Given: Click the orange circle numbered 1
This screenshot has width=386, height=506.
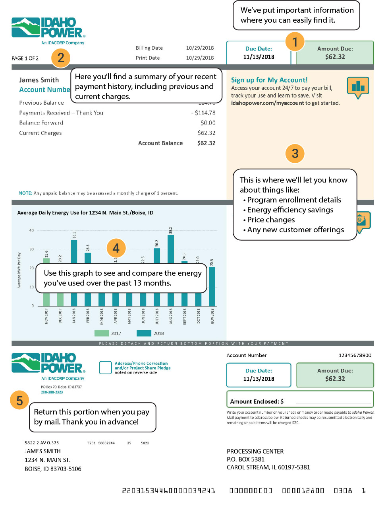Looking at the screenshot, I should coord(295,42).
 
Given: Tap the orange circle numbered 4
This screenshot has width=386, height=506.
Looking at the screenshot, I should coord(116,248).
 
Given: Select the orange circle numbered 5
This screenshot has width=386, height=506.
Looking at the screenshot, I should coord(19,400).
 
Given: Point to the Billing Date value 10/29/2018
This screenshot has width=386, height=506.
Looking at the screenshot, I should coord(200,48).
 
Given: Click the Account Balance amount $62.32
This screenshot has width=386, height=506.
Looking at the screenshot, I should coord(206,143).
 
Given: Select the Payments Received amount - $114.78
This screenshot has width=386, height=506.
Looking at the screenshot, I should coord(203,113).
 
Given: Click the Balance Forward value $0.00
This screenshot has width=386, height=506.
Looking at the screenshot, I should coord(208,123).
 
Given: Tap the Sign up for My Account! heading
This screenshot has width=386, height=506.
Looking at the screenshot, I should coord(269,80).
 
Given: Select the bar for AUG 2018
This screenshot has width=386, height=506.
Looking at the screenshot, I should coord(171,249).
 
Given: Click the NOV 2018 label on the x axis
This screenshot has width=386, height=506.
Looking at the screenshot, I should coord(212,316).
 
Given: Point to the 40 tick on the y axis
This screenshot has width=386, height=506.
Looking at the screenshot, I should coord(32,230).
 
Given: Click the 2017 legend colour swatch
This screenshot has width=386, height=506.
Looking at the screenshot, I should coord(101,333).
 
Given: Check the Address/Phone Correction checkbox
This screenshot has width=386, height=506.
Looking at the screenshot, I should coord(105,368).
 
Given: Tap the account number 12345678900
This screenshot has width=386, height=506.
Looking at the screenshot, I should coord(355,355).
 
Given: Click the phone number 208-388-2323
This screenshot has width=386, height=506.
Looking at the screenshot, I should coord(52,392).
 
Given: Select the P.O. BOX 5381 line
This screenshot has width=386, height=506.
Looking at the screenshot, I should coord(245,459).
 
